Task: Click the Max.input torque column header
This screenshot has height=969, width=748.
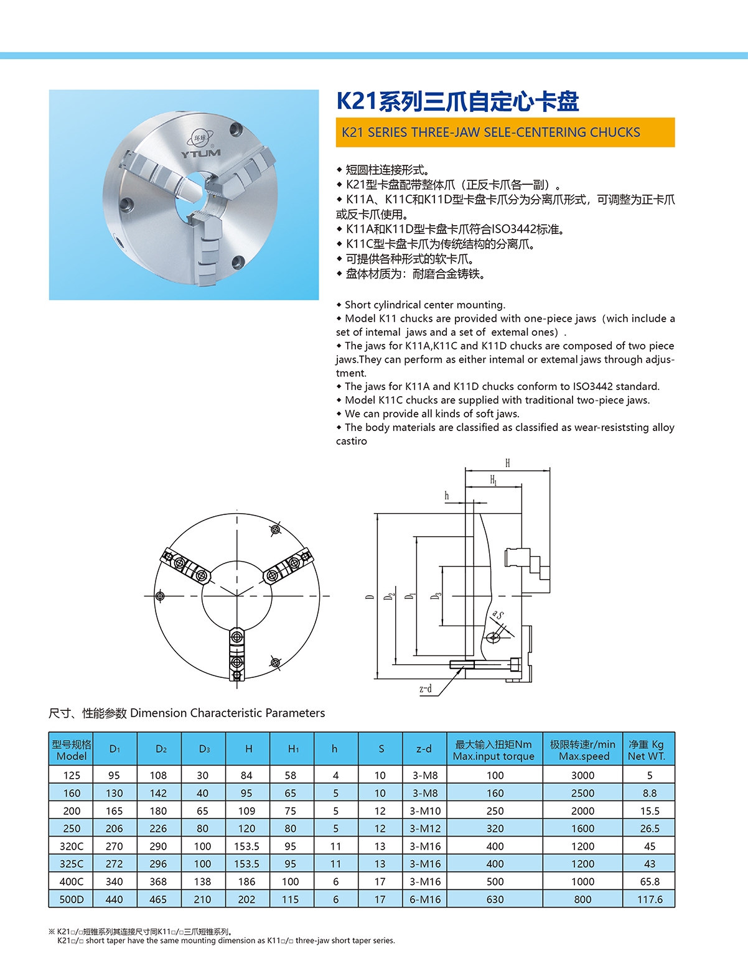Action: tap(494, 750)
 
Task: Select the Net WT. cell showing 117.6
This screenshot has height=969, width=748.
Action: tap(650, 899)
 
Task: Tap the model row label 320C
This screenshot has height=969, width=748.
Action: tap(72, 846)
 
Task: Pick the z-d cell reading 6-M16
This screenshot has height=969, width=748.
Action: tap(425, 899)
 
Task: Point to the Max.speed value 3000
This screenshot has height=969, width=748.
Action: tap(582, 776)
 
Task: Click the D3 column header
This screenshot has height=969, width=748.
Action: tap(204, 749)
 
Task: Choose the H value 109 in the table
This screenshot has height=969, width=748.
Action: tap(246, 811)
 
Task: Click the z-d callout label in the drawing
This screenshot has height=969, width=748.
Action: tap(426, 688)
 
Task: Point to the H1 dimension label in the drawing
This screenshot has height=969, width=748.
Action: tap(493, 480)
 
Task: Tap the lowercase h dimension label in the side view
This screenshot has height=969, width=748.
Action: tap(447, 496)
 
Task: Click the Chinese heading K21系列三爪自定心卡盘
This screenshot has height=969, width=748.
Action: tap(457, 101)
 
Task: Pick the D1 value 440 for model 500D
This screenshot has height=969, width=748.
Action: tap(115, 899)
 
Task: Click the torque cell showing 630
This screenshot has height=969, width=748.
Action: tap(495, 899)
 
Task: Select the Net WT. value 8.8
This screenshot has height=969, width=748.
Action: tap(650, 793)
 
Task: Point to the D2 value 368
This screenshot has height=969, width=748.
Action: tap(158, 881)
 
